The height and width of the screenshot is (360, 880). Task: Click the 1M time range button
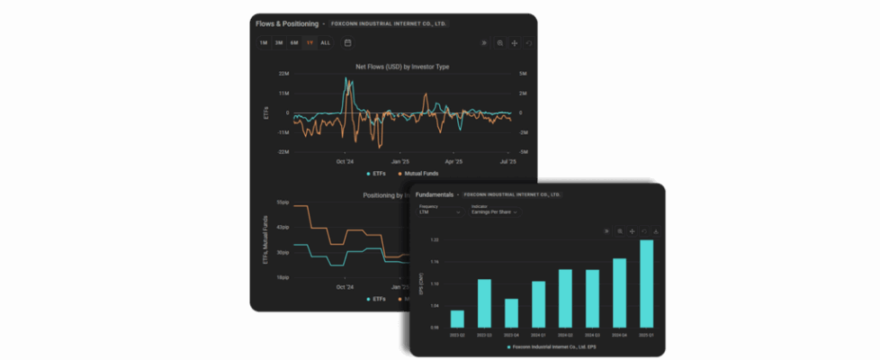pos(264,42)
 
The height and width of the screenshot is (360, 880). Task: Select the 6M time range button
pos(294,42)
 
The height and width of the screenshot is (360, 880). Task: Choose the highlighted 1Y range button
pos(310,42)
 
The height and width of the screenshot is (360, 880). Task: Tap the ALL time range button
pos(325,42)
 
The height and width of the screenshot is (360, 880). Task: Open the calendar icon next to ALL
pos(347,42)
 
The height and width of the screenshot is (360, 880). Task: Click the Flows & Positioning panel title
pos(287,23)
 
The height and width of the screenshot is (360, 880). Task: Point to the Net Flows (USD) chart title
pos(402,67)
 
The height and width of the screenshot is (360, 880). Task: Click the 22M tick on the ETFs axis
pos(283,74)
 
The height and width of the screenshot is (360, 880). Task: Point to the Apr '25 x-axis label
pos(456,162)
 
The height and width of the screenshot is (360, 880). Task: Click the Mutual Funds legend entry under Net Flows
pos(418,173)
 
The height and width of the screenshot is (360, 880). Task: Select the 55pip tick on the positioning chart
pos(283,202)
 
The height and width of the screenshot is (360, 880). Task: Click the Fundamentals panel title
pos(435,194)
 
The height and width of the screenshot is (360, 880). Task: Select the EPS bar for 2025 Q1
pos(646,283)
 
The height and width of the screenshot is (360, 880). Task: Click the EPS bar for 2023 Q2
pos(457,319)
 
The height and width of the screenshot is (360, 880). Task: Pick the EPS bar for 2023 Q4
pos(511,312)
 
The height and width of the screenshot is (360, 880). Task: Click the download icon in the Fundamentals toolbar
pos(656,231)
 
